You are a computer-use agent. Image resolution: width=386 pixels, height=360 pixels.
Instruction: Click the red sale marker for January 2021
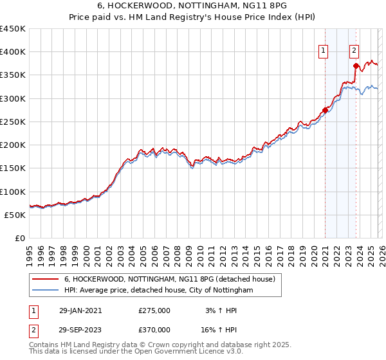click(326, 110)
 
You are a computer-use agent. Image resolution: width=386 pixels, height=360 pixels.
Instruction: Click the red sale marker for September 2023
click(356, 65)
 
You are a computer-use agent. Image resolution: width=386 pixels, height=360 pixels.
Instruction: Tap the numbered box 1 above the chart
click(323, 52)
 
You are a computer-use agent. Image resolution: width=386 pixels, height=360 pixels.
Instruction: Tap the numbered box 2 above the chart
click(354, 52)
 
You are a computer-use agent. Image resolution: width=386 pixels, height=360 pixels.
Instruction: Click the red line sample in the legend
click(45, 279)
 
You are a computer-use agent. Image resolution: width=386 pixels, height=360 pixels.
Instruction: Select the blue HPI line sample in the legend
click(45, 291)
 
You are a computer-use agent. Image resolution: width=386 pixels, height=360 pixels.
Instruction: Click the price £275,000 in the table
click(154, 310)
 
